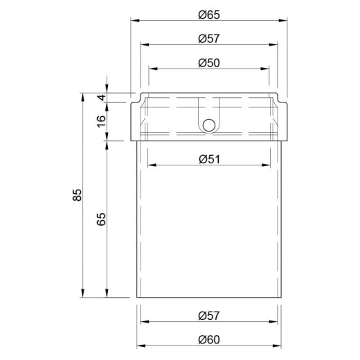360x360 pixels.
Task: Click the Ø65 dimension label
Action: pos(209,15)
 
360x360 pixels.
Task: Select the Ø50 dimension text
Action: pos(209,63)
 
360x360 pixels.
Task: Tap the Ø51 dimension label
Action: pos(210,159)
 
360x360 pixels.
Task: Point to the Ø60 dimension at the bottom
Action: pos(209,340)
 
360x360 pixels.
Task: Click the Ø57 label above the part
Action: pos(209,39)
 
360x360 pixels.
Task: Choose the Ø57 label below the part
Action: pos(209,316)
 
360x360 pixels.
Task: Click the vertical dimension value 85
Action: pos(78,195)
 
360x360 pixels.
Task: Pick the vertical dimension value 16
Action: pos(101,121)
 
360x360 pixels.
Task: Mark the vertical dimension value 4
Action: pos(101,98)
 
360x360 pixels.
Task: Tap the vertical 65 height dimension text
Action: pos(101,219)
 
